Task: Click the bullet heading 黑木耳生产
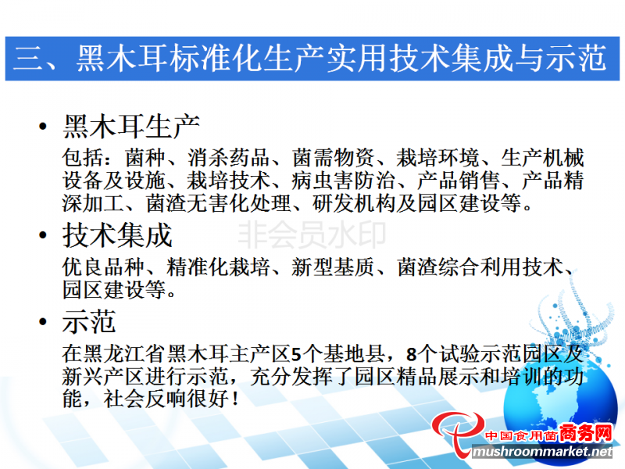coord(130,127)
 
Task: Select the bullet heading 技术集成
coord(117,235)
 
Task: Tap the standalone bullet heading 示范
coord(89,321)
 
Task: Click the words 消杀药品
coord(229,158)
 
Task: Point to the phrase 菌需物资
coord(334,158)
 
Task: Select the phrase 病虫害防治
coord(343,181)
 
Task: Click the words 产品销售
coord(458,181)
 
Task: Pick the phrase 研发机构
coord(354,203)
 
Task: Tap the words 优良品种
coord(104,267)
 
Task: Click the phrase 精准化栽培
coord(219,267)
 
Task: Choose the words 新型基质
coord(334,267)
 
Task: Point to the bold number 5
coord(296,354)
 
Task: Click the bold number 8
coord(412,354)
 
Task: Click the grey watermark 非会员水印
coord(312,235)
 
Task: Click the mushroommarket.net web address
coord(542,452)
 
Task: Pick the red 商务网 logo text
coord(585,433)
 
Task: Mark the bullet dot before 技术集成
coord(43,235)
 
